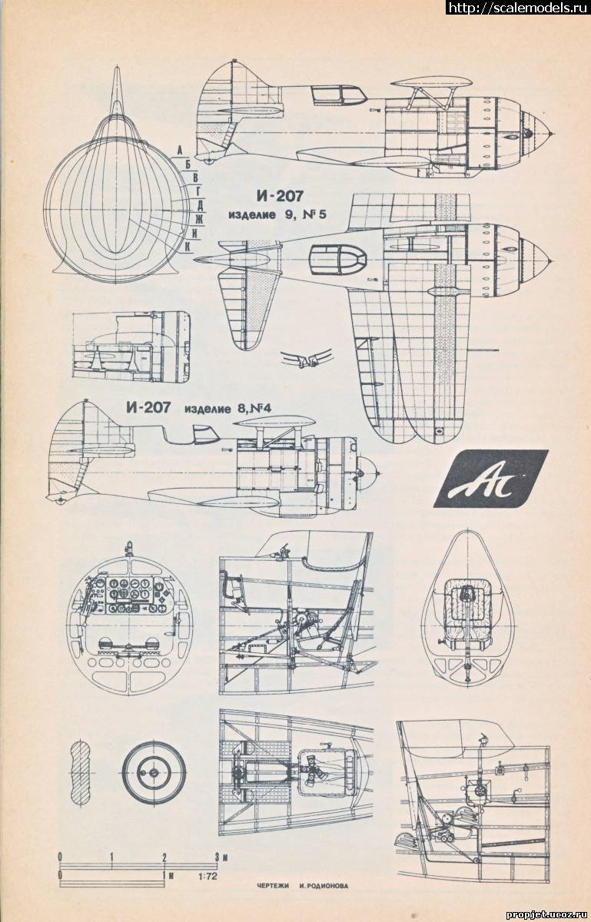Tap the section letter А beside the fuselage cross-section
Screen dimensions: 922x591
pyautogui.click(x=178, y=150)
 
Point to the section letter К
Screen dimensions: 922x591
pyautogui.click(x=187, y=246)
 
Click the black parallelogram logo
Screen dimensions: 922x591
pyautogui.click(x=491, y=479)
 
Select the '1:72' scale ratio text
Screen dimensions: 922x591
pyautogui.click(x=206, y=875)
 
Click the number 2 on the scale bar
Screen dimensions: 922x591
pyautogui.click(x=164, y=856)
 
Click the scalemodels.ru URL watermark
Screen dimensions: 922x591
pyautogui.click(x=516, y=8)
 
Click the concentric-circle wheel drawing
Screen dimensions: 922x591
pyautogui.click(x=154, y=772)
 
